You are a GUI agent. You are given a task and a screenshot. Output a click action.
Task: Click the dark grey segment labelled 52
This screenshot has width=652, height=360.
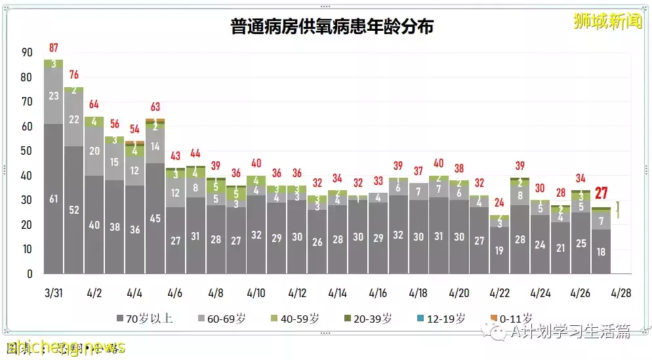(x=74, y=210)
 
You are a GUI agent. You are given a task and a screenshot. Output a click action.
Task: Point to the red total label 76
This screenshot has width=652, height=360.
(x=74, y=75)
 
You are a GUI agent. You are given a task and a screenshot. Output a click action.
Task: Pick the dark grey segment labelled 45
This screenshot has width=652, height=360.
(x=155, y=218)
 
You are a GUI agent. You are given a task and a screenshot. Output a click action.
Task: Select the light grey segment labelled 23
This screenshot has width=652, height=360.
(x=54, y=96)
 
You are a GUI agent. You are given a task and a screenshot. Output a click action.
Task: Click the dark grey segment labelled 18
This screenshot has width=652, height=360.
(x=601, y=251)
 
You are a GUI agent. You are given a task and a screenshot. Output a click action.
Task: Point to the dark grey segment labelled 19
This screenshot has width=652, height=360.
(x=499, y=250)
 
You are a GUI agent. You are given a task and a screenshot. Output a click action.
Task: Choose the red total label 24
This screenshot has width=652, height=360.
(x=499, y=203)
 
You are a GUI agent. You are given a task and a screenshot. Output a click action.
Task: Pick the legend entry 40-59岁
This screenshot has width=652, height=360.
(x=296, y=319)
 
